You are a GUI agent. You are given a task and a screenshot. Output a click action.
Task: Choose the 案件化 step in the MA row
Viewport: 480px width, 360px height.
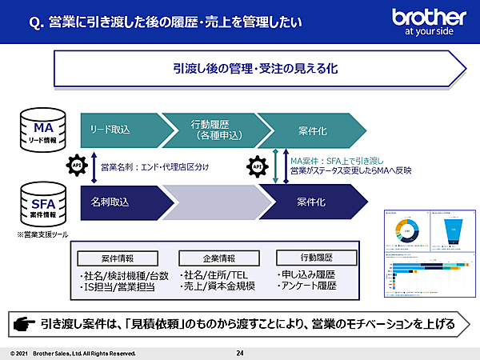pyautogui.click(x=312, y=129)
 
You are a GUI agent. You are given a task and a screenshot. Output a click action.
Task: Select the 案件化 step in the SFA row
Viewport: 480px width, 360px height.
pyautogui.click(x=312, y=198)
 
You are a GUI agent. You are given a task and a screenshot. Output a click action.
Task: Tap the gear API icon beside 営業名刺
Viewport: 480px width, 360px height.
pyautogui.click(x=78, y=166)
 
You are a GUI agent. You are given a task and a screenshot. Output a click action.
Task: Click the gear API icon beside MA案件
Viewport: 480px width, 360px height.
pyautogui.click(x=258, y=166)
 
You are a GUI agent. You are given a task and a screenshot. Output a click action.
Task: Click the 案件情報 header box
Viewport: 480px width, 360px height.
pyautogui.click(x=118, y=258)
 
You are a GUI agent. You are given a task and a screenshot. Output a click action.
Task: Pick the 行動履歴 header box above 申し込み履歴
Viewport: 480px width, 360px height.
pyautogui.click(x=307, y=258)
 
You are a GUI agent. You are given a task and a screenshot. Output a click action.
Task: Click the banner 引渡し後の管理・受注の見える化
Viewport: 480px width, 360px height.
pyautogui.click(x=256, y=69)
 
